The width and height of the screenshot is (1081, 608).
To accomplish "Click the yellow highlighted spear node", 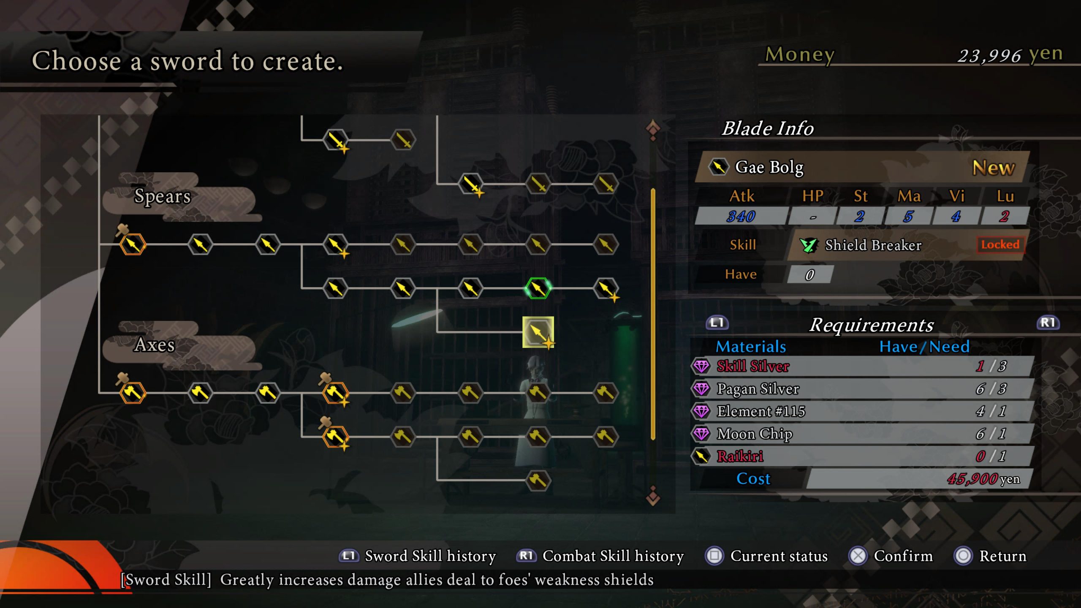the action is coord(538,332).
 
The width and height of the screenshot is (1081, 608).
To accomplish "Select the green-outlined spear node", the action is coord(538,288).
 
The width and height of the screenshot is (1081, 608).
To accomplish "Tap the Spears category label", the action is coord(163,196).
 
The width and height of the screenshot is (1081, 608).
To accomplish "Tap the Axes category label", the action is coord(155,345).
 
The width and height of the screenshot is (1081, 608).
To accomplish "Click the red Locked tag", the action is coord(1000,244).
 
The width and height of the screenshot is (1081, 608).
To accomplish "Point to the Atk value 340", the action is coord(741,217).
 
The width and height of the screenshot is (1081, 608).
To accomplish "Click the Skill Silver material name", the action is coord(753,366).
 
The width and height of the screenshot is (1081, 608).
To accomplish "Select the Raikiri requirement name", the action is coord(740,456).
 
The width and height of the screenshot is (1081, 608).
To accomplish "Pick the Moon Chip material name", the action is coord(755,434).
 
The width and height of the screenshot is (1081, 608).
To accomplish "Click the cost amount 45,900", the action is coord(972,479).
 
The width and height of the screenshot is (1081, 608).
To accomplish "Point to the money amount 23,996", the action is coord(989,56).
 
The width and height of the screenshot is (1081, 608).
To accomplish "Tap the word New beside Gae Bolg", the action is coord(994,168).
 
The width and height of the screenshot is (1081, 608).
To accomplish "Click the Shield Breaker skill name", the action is coord(873,245).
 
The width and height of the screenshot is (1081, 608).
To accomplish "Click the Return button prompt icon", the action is coord(963,556).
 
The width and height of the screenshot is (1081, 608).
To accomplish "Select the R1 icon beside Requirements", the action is coord(1048,323).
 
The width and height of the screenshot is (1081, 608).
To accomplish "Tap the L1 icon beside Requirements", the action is coord(717,323).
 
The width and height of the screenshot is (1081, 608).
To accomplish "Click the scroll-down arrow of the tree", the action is coord(653,496).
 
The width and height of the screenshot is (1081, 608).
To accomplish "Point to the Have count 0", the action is coord(809,275).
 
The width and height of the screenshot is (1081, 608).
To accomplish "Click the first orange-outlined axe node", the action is coord(133,393).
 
